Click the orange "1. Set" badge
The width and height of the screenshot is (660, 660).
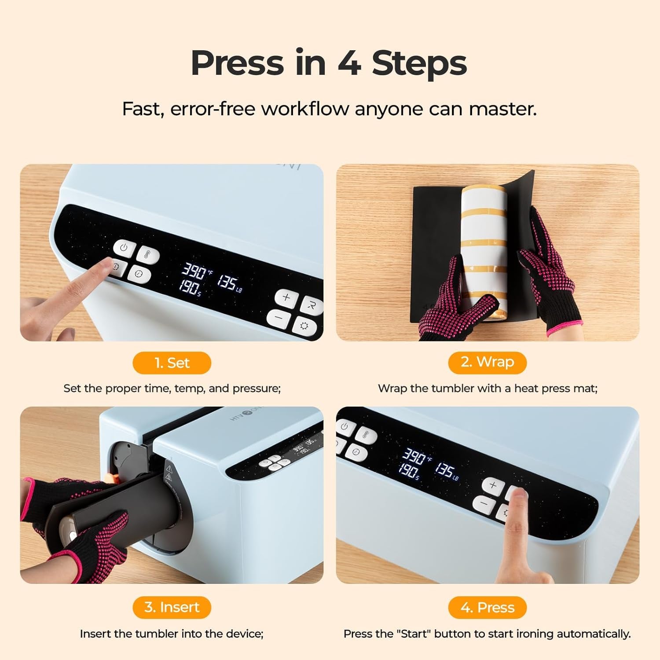pos(172,363)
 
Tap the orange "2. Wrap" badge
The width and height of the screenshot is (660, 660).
pos(487,362)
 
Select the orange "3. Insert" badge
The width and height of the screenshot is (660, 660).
pos(172,607)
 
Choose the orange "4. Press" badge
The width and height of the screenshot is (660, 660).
pos(487,608)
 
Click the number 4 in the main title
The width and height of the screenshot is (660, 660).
pos(349,63)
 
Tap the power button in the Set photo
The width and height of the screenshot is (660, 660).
pos(124,247)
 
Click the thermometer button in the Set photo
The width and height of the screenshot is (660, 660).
pos(147,254)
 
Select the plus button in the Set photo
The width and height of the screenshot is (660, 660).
pos(286,297)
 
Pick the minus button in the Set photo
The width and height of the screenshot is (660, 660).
pos(279,317)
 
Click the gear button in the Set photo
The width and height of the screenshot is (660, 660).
pos(304,326)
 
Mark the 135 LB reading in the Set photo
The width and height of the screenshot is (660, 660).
pos(229,283)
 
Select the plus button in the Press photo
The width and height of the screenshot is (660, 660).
pos(493,485)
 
